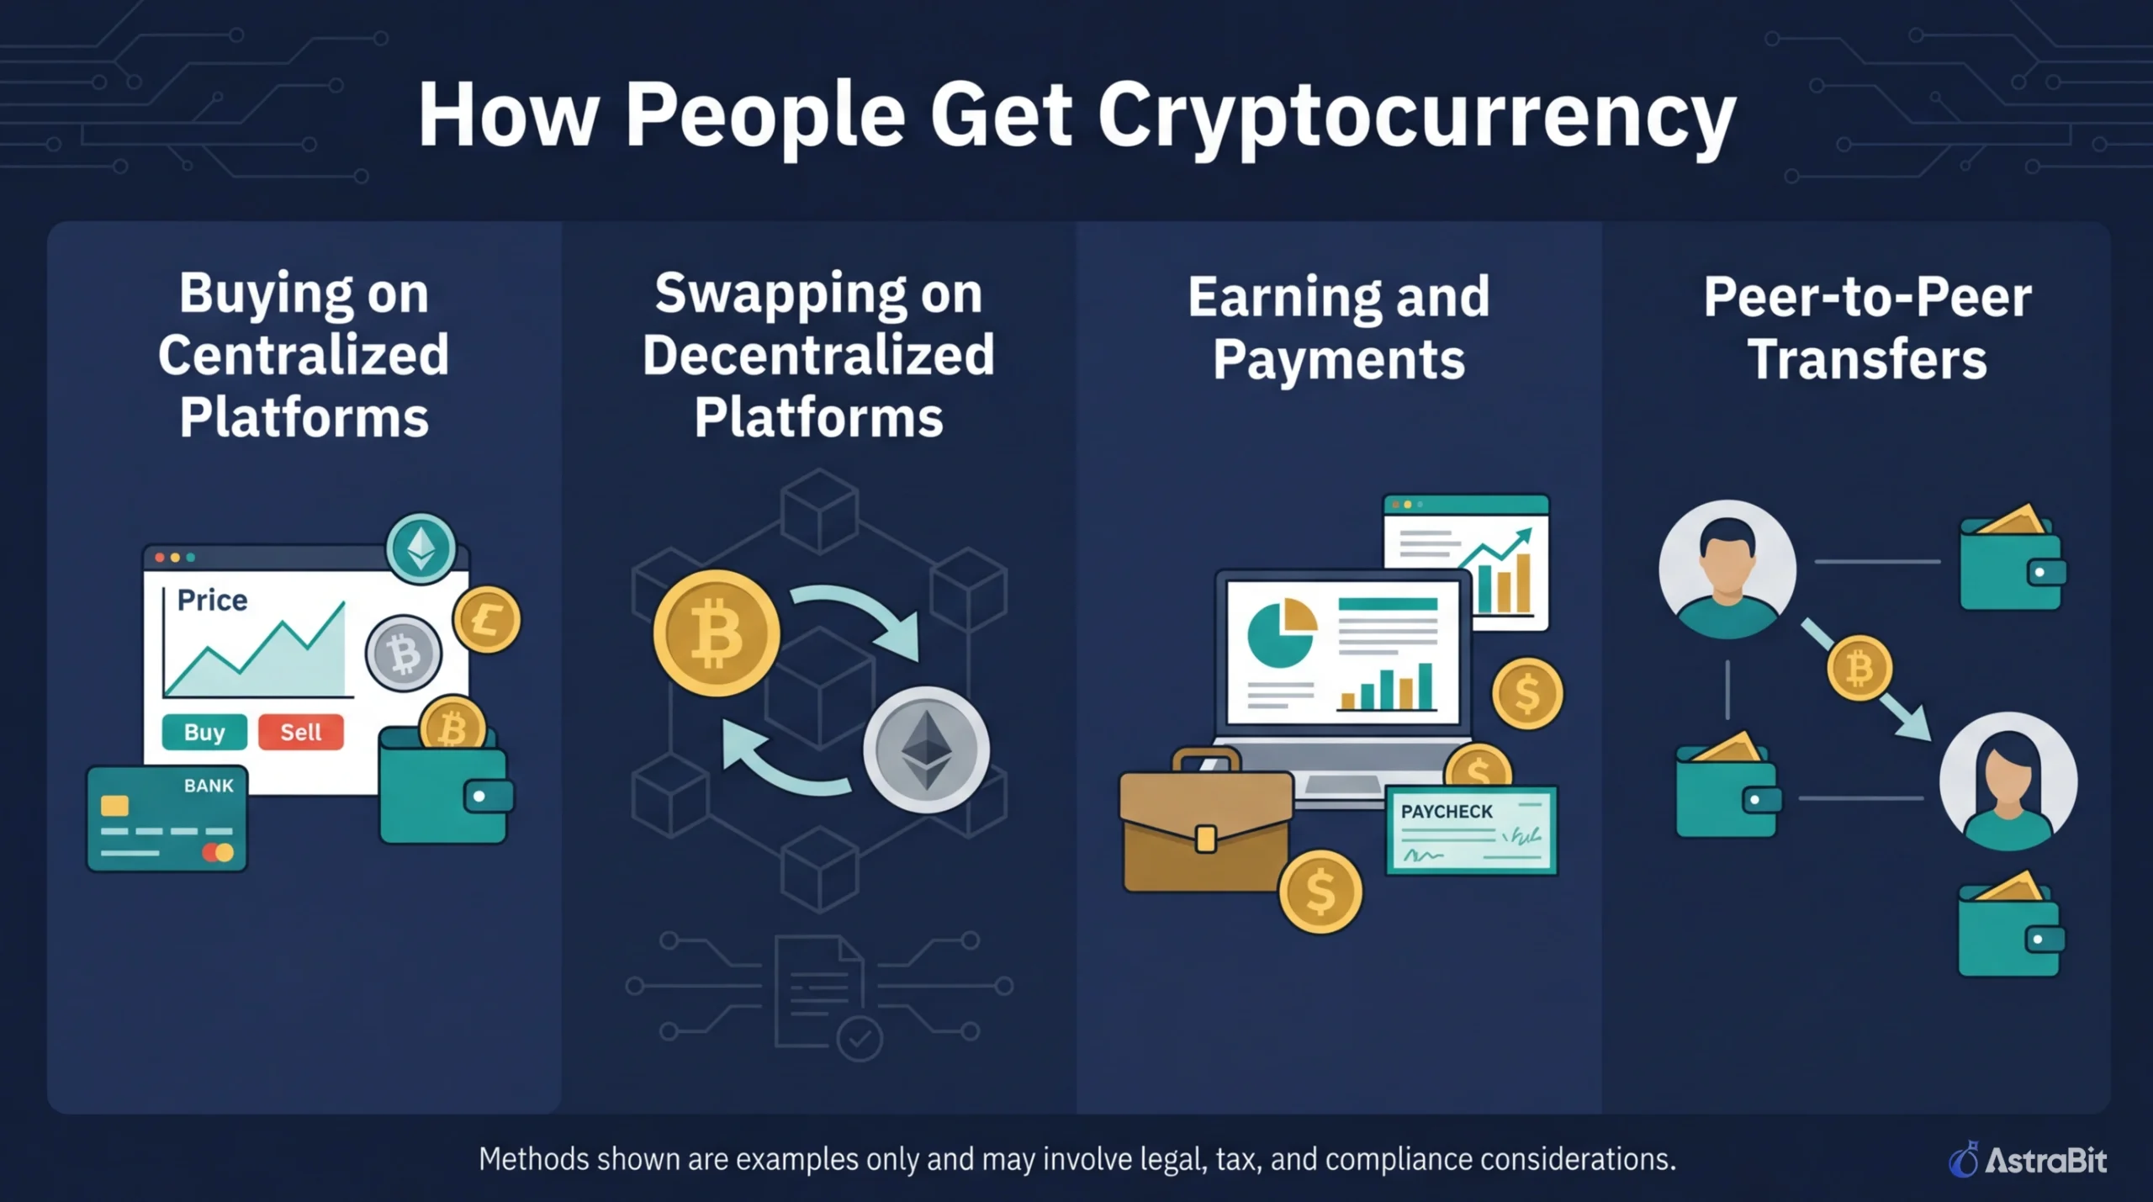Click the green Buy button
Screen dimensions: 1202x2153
click(204, 732)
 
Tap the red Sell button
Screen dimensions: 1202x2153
click(300, 732)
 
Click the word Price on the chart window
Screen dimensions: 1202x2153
click(212, 600)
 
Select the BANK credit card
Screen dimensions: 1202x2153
click(167, 818)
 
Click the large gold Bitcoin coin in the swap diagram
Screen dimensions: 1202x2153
click(716, 633)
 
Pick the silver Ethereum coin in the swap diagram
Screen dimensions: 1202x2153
click(926, 749)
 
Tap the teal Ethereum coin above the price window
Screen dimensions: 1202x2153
click(421, 548)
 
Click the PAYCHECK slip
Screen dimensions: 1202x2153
click(1471, 830)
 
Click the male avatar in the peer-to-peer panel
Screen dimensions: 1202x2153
click(1727, 569)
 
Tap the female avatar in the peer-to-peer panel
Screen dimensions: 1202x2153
click(2008, 781)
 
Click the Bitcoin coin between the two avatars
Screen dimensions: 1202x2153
click(1859, 669)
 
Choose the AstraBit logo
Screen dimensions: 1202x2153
click(2028, 1160)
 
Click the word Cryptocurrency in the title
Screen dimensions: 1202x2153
click(1416, 115)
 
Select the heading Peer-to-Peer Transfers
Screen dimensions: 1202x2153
click(1867, 328)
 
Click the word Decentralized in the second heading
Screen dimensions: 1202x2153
click(818, 355)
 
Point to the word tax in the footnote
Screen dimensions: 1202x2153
click(1235, 1160)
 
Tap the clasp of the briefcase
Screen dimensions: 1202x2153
click(1206, 839)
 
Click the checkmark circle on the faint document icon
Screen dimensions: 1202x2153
click(860, 1040)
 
